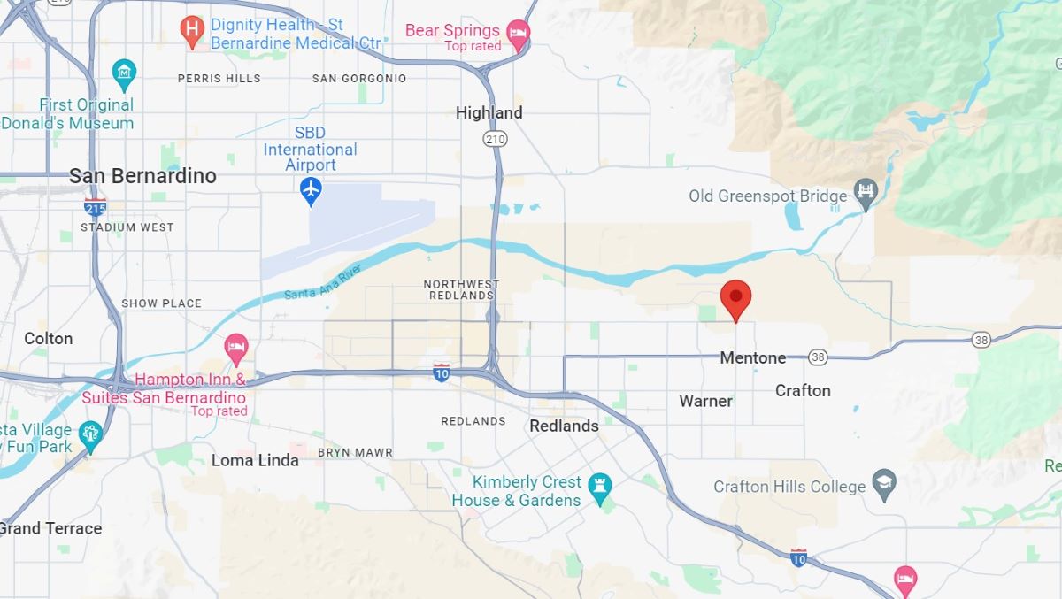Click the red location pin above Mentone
[x=735, y=297]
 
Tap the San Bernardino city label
[x=142, y=176]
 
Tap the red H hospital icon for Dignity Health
[x=192, y=32]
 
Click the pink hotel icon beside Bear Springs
[x=519, y=35]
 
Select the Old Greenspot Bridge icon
[x=866, y=195]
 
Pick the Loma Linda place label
[x=257, y=460]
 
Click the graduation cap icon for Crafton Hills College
[x=884, y=484]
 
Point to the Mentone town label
[x=752, y=357]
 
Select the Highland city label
[x=489, y=113]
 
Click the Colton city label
[x=49, y=339]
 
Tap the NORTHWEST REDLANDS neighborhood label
[x=461, y=289]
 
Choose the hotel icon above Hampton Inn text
[x=235, y=347]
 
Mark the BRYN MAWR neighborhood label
[x=355, y=452]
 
